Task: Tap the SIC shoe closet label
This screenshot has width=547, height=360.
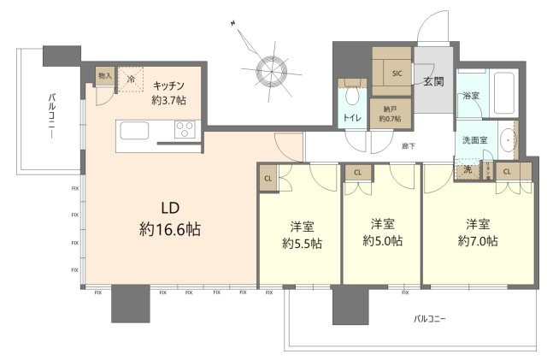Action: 396,74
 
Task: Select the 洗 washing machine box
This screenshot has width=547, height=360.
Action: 467,169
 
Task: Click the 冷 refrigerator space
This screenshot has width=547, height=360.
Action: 131,78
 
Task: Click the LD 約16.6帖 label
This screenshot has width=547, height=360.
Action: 170,218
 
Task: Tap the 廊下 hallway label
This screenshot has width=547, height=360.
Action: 409,146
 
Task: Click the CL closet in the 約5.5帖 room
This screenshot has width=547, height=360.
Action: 268,179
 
